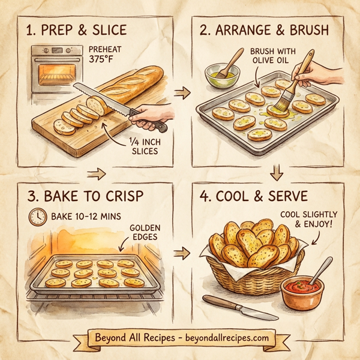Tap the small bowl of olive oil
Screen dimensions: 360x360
click(x=222, y=76)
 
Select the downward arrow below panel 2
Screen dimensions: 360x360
click(x=276, y=173)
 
